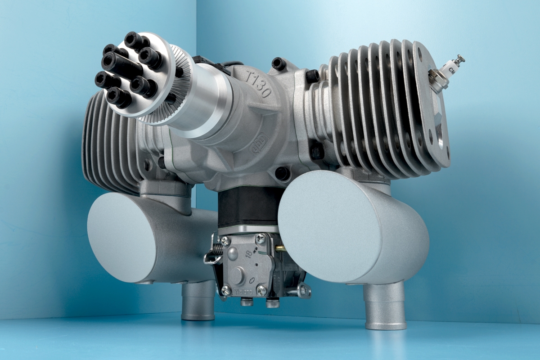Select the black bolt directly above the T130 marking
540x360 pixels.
(x=279, y=64)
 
